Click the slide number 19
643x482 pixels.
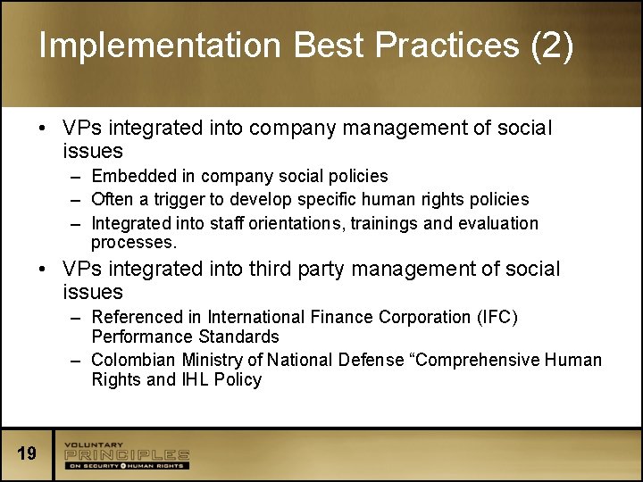27,454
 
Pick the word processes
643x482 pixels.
134,242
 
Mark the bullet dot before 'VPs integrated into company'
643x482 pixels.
43,129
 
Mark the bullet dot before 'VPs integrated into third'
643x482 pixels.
43,269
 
